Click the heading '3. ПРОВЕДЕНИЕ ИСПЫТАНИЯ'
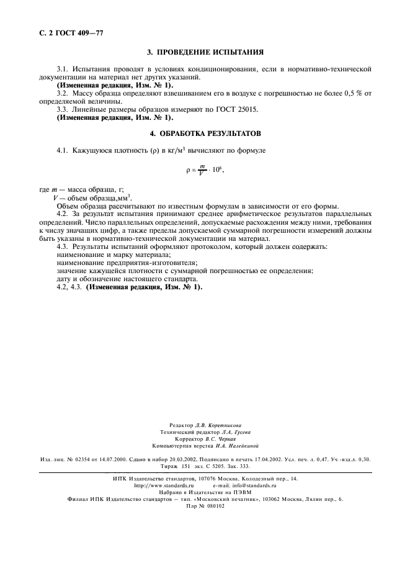[x=204, y=52]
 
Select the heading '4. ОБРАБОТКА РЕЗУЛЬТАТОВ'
[x=205, y=133]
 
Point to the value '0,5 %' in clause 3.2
[x=352, y=92]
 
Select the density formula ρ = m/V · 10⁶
[x=204, y=169]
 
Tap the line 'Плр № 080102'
[x=205, y=505]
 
